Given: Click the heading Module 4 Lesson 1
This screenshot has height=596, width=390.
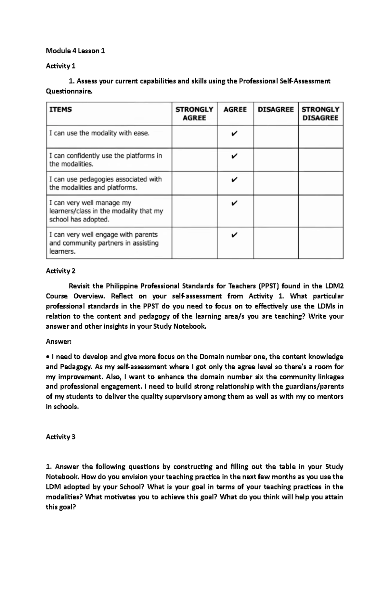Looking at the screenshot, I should (x=75, y=51).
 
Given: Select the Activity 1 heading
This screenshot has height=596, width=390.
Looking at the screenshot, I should (x=60, y=66).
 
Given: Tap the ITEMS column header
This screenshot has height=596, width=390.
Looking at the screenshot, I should (x=60, y=109).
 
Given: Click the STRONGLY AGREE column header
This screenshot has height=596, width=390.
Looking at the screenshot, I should (x=194, y=114).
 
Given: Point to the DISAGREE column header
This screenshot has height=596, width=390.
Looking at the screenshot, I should (x=276, y=109).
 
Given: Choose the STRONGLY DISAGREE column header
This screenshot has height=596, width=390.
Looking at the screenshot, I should (x=320, y=114).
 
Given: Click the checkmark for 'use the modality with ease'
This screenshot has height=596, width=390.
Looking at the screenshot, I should (x=234, y=133).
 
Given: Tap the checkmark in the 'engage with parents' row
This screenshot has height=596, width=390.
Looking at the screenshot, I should (x=234, y=235).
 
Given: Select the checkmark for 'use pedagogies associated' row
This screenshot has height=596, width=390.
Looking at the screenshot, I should (x=234, y=179).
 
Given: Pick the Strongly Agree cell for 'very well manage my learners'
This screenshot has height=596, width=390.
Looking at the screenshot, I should (x=194, y=211).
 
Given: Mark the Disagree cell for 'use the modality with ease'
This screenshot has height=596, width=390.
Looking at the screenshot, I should (x=276, y=137).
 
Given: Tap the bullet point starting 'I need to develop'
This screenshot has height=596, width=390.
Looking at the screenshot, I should (x=48, y=357).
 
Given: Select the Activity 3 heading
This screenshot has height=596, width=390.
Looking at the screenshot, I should (x=60, y=437).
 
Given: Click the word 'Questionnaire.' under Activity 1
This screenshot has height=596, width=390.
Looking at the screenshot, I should (x=69, y=92).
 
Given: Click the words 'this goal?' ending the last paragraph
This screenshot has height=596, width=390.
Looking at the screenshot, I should (x=60, y=507).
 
